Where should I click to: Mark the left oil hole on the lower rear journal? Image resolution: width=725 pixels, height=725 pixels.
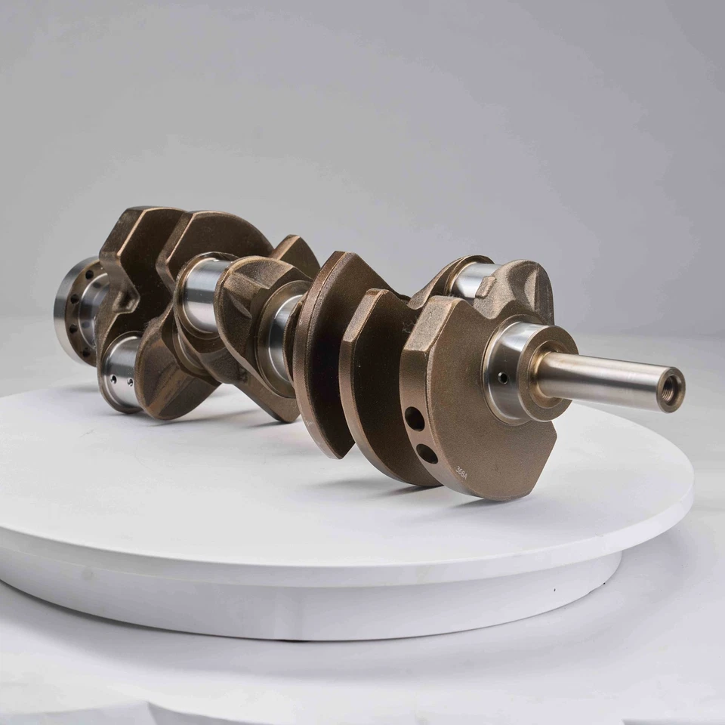click(112, 373)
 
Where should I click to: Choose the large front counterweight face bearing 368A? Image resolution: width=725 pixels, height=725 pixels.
click(468, 408)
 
